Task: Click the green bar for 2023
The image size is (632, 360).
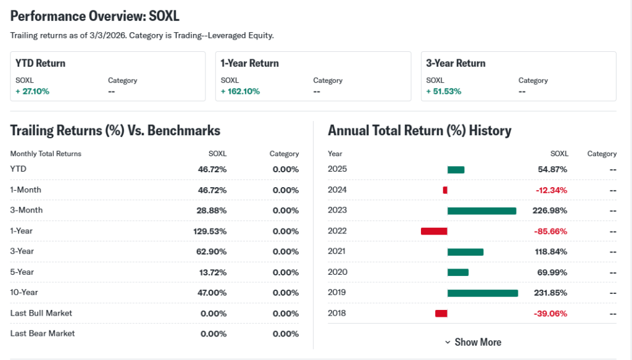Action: pos(481,211)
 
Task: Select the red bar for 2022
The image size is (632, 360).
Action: pos(434,231)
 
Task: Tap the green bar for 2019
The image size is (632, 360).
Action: pos(483,293)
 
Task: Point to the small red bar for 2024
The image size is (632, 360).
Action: pos(445,190)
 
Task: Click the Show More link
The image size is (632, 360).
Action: pos(473,342)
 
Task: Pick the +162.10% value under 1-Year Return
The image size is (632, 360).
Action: pos(240,91)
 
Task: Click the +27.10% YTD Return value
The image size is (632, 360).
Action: pos(32,91)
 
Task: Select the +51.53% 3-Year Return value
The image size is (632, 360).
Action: pos(444,91)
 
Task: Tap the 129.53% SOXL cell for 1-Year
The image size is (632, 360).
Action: pos(210,231)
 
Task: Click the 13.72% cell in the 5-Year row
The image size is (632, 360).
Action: pos(212,272)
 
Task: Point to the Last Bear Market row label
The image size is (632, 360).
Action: pos(43,333)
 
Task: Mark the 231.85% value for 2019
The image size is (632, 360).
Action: pos(550,293)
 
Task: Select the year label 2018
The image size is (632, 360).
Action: pos(337,313)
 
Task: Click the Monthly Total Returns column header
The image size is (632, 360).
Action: pos(46,154)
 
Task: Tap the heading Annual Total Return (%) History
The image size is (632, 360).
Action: pos(420,131)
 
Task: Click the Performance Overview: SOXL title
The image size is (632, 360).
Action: pos(95,15)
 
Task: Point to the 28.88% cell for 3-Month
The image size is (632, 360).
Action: pos(212,211)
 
